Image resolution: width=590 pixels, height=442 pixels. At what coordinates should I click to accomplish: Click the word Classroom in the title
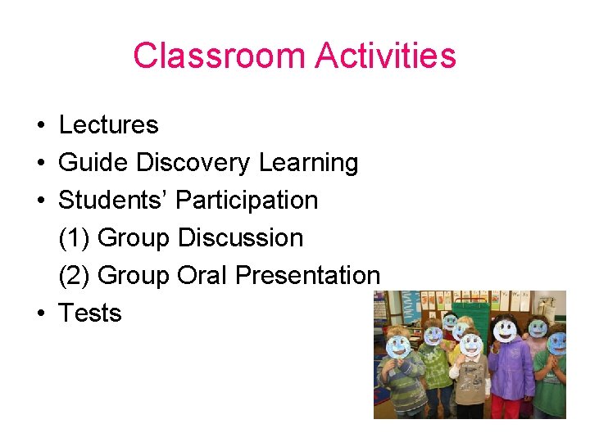pyautogui.click(x=218, y=56)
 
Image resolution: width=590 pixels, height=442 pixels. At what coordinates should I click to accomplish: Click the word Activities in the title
pyautogui.click(x=386, y=56)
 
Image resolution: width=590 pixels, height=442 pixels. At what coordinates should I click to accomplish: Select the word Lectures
pyautogui.click(x=108, y=125)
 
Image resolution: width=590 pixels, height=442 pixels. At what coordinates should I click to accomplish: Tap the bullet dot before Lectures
pyautogui.click(x=39, y=126)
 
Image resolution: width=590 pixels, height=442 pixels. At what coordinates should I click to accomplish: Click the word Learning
pyautogui.click(x=308, y=163)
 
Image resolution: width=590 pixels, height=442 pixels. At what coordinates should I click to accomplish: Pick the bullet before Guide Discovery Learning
pyautogui.click(x=39, y=164)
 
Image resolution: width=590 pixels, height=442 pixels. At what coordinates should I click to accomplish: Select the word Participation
pyautogui.click(x=247, y=201)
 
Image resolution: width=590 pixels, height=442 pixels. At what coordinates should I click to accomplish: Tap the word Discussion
pyautogui.click(x=240, y=238)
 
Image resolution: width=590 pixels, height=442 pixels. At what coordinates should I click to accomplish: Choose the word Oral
pyautogui.click(x=202, y=276)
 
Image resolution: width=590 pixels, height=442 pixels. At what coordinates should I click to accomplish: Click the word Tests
pyautogui.click(x=90, y=313)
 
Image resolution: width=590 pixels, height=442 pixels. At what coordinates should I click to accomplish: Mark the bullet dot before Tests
pyautogui.click(x=39, y=314)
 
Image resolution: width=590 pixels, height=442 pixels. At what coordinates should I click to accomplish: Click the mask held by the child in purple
pyautogui.click(x=506, y=331)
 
